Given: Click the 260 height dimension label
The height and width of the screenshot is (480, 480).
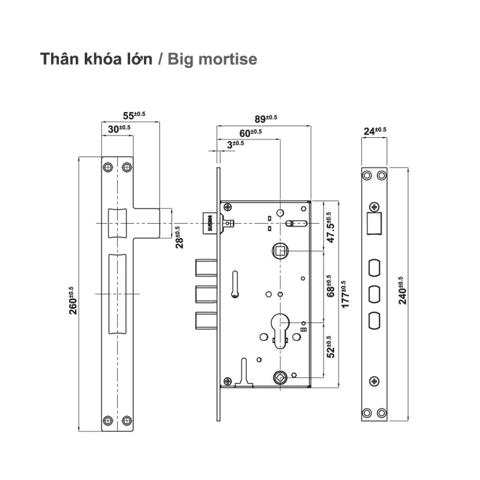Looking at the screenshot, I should tap(74, 300).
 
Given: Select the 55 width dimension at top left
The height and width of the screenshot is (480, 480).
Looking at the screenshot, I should tap(134, 115).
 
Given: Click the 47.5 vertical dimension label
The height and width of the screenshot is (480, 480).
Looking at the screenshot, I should tap(330, 228).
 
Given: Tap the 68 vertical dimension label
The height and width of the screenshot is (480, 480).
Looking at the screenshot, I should tap(330, 286).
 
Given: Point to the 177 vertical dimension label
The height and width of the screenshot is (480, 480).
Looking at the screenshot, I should tap(345, 294).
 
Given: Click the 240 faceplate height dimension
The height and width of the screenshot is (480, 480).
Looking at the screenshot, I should tap(403, 291).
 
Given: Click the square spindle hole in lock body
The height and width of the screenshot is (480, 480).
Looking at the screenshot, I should tap(280, 252).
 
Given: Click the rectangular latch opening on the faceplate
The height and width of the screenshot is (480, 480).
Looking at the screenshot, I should tap(373, 223).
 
